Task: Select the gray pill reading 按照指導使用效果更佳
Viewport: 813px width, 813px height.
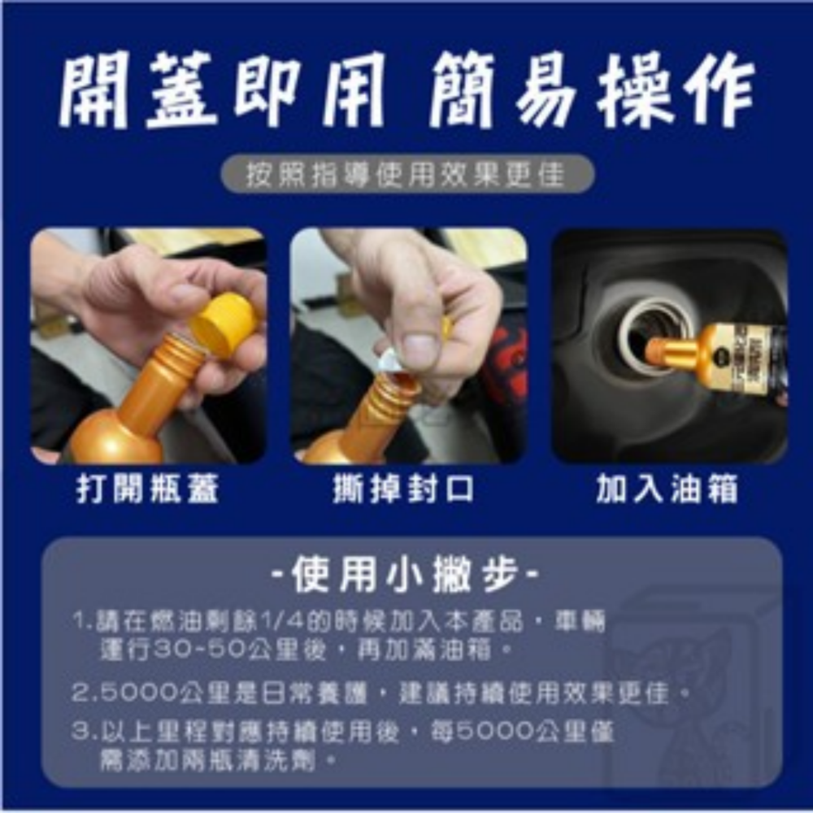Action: coord(407,174)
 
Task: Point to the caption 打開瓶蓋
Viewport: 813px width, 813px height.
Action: coord(148,490)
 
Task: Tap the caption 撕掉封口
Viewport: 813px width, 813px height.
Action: coord(404,490)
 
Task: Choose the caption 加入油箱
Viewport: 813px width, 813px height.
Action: coord(667,490)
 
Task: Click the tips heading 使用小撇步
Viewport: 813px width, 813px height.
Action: coord(404,576)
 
